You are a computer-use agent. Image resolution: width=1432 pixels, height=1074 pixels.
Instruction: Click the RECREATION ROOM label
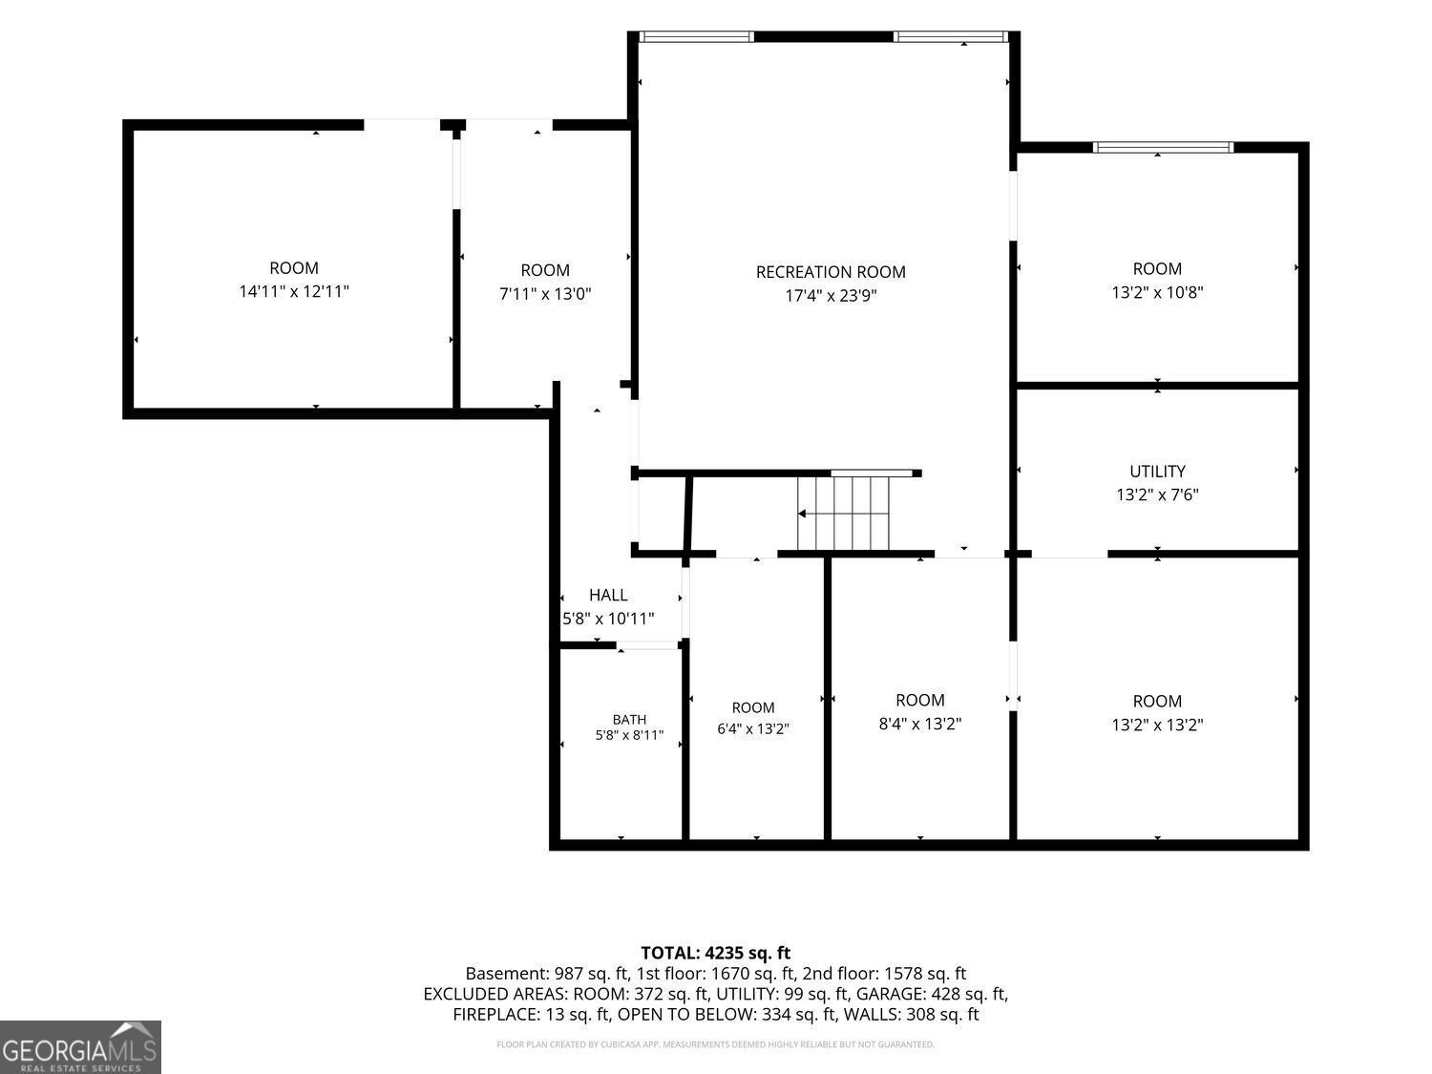coord(831,272)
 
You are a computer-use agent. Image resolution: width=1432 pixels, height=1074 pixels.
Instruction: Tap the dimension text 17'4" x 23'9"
coord(831,295)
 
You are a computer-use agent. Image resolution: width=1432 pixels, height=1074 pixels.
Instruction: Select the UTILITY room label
coord(1157,471)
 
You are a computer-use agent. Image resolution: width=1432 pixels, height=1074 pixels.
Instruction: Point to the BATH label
coord(629,719)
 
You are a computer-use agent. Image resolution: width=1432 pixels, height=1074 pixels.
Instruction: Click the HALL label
coord(608,595)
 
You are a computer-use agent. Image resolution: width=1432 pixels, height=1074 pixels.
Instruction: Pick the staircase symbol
coord(843,514)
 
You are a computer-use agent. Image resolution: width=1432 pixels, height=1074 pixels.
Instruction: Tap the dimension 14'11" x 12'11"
coord(294,291)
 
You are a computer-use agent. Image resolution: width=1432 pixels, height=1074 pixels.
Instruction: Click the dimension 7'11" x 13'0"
coord(545,294)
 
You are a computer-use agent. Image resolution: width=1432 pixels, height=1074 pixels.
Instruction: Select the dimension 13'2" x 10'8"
coord(1157,292)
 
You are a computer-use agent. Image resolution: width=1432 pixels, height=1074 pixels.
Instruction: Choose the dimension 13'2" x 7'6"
coord(1157,495)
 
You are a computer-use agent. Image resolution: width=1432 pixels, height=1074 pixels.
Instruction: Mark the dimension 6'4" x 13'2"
coord(753,728)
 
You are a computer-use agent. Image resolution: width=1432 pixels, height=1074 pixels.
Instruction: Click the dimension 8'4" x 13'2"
coord(920,724)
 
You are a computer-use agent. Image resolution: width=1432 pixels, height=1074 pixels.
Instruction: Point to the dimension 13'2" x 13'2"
coord(1157,725)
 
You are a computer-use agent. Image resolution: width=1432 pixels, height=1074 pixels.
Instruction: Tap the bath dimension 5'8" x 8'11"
coord(629,735)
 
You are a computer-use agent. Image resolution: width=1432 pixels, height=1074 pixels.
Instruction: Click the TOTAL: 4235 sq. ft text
coord(716,953)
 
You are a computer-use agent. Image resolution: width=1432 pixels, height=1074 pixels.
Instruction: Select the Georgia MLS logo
coord(80,1046)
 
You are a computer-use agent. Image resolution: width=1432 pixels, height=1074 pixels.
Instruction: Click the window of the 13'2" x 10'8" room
coord(1163,147)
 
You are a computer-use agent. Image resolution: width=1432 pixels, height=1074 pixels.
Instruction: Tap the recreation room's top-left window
coord(696,36)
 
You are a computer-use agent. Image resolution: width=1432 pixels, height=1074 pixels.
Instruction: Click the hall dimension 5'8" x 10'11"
coord(608,619)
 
